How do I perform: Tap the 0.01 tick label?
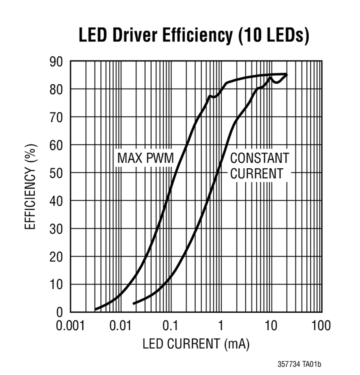point(120,326)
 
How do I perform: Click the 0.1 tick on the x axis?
point(171,326)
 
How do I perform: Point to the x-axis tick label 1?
point(221,326)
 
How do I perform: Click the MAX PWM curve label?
point(146,158)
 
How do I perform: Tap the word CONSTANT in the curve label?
point(259,158)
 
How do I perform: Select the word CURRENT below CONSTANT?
point(256,174)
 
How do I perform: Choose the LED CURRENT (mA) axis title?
point(196,344)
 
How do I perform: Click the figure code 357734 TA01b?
point(299,365)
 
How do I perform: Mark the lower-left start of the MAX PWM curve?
point(95,309)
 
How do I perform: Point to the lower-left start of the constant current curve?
point(133,303)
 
